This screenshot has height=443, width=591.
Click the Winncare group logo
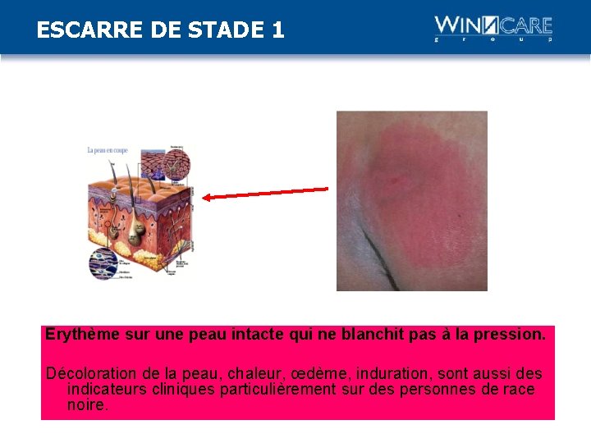coord(493,29)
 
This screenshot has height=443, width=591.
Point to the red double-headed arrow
coord(265,194)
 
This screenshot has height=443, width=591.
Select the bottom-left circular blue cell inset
coord(104,263)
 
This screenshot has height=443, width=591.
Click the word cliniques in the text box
coord(182,389)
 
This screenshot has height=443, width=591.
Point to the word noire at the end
coord(87,404)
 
